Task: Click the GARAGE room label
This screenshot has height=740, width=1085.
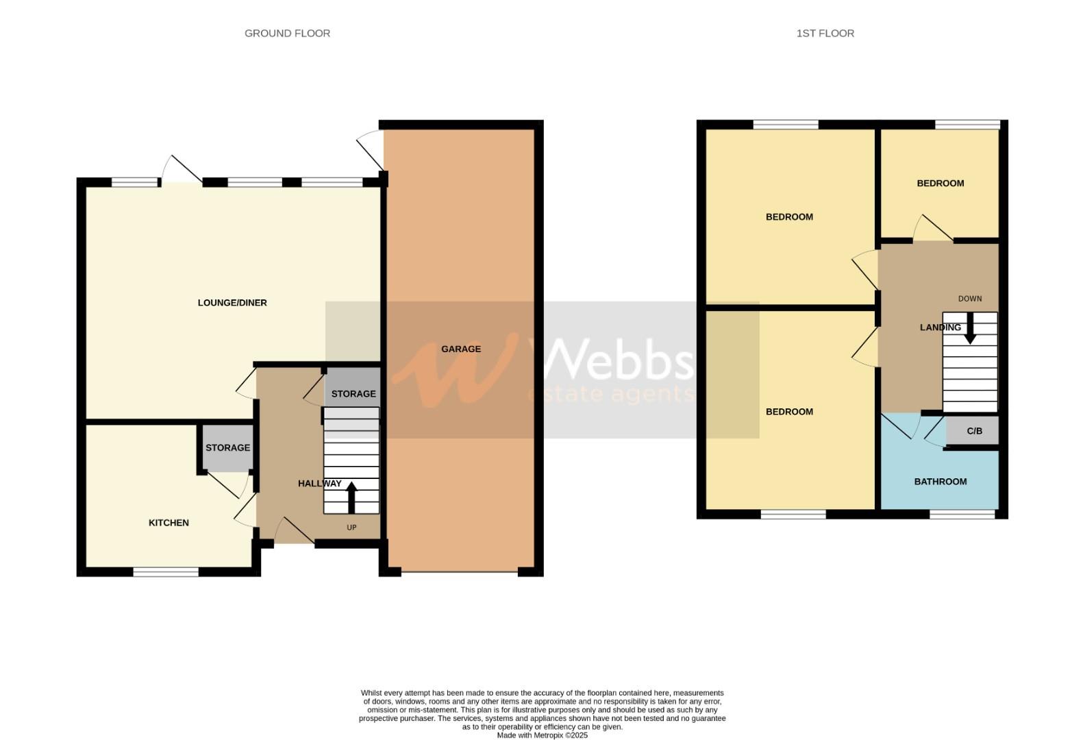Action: click(460, 349)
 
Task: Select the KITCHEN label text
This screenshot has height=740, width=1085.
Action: click(169, 523)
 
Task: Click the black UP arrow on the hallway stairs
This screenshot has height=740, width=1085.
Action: click(352, 497)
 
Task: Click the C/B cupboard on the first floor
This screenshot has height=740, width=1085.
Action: click(973, 431)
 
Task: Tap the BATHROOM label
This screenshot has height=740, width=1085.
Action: click(940, 482)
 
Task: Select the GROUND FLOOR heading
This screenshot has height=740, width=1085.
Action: click(287, 33)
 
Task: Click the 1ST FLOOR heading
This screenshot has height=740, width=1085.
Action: click(825, 33)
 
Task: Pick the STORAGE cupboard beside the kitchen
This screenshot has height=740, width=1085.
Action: click(227, 447)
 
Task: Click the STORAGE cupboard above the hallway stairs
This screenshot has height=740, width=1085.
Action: click(353, 393)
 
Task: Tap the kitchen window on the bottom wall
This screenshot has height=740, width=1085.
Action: click(166, 571)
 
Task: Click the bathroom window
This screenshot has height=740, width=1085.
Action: click(962, 514)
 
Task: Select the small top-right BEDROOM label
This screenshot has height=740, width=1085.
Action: click(940, 183)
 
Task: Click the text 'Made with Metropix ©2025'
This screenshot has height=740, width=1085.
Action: click(542, 735)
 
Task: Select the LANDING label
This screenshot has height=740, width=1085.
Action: click(940, 328)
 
